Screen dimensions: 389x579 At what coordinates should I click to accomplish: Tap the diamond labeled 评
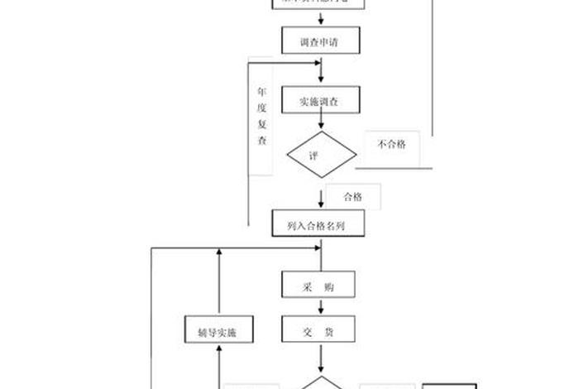(x=321, y=154)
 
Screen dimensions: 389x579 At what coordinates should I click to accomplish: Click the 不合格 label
(x=391, y=145)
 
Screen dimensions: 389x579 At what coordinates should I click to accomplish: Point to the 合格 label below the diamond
(x=353, y=197)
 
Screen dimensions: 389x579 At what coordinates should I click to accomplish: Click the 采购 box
(x=318, y=286)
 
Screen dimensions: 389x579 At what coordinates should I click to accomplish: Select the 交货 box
(x=318, y=331)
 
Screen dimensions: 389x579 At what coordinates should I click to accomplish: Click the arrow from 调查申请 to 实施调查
(x=321, y=71)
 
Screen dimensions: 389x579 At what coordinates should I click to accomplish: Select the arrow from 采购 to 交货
(x=320, y=308)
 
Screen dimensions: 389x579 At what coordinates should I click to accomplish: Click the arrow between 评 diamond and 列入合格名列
(x=321, y=197)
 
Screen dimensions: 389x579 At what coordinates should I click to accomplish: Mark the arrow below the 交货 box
(x=320, y=361)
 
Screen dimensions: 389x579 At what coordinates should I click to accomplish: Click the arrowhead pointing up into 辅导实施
(x=219, y=351)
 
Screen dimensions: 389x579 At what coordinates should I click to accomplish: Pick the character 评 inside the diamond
(x=313, y=155)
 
